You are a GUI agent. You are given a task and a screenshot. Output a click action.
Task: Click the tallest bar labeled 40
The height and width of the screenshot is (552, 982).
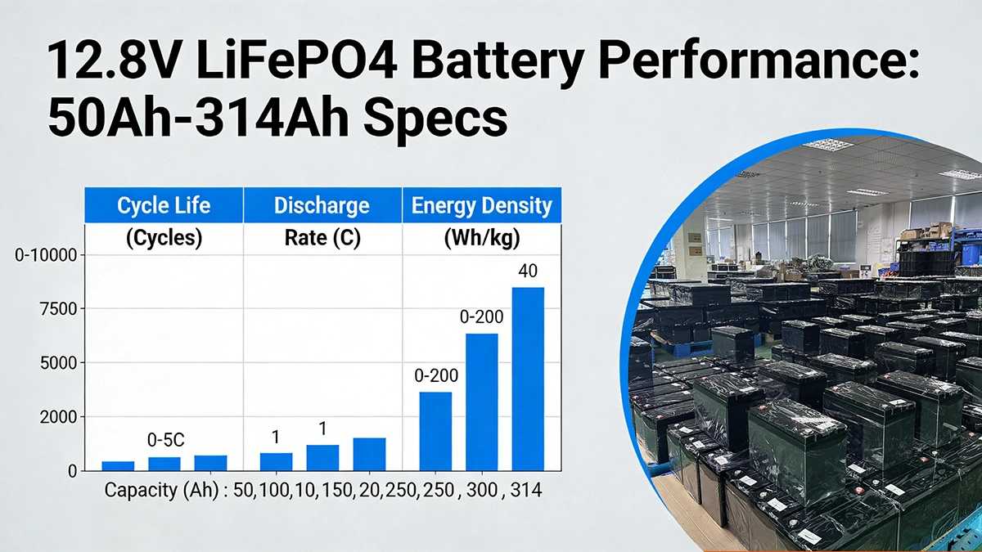[x=528, y=379]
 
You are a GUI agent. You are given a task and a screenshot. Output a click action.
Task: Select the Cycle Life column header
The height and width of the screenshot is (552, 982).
[x=164, y=205]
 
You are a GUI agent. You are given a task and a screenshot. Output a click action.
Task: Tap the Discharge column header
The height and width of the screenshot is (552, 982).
[x=322, y=205]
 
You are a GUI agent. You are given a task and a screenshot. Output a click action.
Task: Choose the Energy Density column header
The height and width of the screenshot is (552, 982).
[x=481, y=205]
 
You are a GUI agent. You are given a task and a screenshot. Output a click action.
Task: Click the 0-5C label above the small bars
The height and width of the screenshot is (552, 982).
[x=165, y=440]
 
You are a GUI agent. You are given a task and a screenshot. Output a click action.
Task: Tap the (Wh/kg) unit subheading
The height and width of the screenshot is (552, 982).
[x=481, y=239]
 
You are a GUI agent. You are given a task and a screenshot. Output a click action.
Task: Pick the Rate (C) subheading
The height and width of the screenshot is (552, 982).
[x=322, y=239]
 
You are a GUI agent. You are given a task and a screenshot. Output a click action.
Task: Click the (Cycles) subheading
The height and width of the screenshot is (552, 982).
[x=164, y=239]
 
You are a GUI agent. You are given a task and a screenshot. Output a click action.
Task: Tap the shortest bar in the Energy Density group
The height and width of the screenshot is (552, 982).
[x=435, y=431]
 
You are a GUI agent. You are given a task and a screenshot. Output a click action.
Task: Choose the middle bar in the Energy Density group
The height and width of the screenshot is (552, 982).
[x=482, y=402]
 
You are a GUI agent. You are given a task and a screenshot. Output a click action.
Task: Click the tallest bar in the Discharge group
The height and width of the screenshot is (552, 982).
[x=369, y=454]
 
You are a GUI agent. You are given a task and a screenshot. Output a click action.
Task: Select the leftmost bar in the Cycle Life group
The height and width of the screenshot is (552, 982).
[x=118, y=466]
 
